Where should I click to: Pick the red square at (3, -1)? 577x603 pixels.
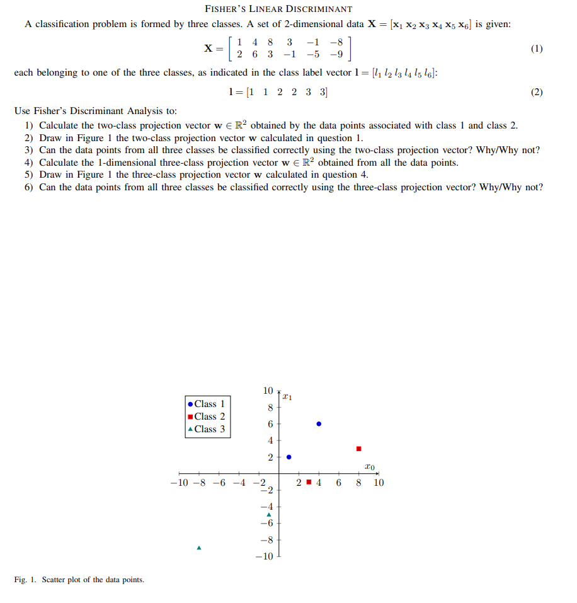[x=309, y=483]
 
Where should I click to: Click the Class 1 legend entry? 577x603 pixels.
[x=205, y=404]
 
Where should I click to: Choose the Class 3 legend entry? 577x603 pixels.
[x=205, y=429]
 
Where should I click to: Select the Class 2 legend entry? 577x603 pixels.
[x=205, y=416]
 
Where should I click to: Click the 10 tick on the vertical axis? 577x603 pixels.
[x=268, y=391]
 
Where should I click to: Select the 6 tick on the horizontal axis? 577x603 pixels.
[x=339, y=483]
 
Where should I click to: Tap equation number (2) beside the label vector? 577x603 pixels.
[x=536, y=92]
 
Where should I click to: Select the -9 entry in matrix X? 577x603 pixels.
[x=338, y=55]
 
